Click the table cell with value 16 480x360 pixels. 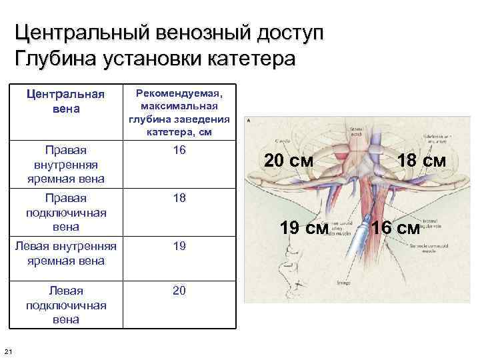point(179,150)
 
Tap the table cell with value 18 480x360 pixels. point(179,198)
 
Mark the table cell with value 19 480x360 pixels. point(179,246)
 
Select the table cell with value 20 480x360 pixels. point(179,290)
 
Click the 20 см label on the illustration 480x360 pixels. point(289,161)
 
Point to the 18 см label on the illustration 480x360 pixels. point(422,161)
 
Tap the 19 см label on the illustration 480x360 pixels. point(304,228)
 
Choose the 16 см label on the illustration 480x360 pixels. point(395,228)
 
